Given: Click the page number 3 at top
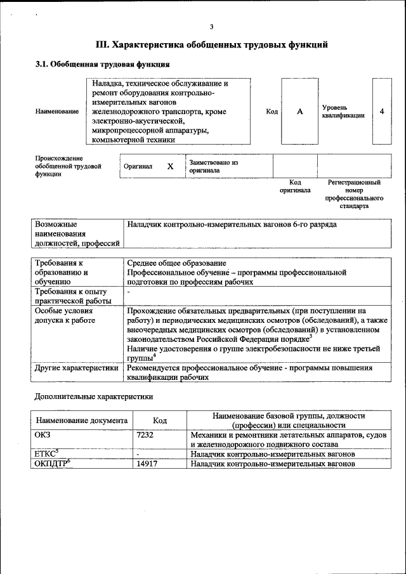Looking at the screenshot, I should click(x=211, y=26).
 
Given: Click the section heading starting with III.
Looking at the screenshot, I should click(x=211, y=45).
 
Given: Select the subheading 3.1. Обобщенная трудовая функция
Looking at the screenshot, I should click(x=101, y=65).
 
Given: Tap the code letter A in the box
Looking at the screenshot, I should click(x=299, y=112).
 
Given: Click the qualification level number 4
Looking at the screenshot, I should click(x=382, y=112).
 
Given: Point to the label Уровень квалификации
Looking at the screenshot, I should click(x=343, y=112).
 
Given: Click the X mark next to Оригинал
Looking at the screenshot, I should click(x=170, y=166).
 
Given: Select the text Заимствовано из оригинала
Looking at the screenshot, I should click(x=213, y=166).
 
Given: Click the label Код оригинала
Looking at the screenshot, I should click(x=295, y=186).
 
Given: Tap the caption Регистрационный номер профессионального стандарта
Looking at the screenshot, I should click(x=354, y=194).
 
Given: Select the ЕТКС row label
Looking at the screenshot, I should click(x=46, y=454).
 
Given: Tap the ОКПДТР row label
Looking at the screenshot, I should click(x=51, y=464).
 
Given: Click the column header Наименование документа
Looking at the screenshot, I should click(x=82, y=421).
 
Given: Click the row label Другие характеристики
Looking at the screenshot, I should click(x=77, y=367).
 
